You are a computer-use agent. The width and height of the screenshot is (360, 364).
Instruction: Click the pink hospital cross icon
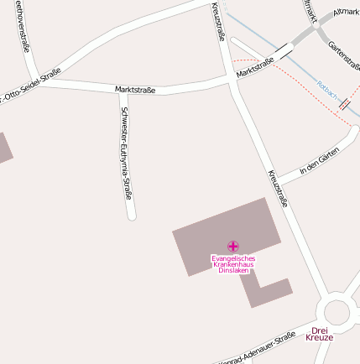coord(232,247)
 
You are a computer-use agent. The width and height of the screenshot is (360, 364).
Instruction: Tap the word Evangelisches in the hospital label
coord(233,258)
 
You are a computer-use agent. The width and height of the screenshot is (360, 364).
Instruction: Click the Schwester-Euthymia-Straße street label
coord(127,154)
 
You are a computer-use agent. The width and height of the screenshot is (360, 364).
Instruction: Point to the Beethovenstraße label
coord(23,27)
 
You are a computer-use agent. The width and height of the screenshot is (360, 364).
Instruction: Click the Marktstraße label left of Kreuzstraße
coord(135,88)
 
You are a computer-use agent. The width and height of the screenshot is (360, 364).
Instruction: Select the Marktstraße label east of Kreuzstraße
coord(256,67)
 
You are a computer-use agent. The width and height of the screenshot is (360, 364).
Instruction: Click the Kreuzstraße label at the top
coord(218,21)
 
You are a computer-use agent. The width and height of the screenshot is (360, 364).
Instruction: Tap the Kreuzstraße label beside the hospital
coord(278,188)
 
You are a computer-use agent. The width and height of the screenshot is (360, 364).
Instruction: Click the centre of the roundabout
coord(337,312)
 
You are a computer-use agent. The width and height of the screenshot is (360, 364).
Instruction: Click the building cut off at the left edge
coord(4,148)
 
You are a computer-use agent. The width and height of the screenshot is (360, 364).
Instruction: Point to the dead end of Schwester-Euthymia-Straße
coord(131,216)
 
